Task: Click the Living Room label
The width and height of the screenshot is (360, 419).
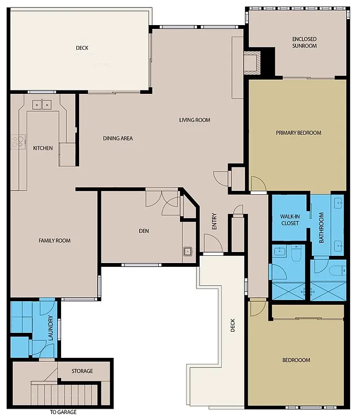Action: (x=195, y=120)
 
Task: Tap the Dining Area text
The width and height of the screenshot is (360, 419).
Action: (x=118, y=138)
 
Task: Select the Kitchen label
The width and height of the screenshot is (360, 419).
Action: (x=43, y=148)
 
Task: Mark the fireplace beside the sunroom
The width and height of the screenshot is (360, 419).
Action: (x=253, y=62)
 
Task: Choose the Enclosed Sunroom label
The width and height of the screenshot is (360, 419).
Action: (x=304, y=43)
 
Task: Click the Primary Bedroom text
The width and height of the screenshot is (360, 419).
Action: (x=298, y=133)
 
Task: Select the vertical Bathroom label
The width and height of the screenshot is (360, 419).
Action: (x=322, y=228)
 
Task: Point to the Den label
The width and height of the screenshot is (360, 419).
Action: (x=143, y=231)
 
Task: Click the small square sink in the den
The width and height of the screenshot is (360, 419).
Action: (x=188, y=252)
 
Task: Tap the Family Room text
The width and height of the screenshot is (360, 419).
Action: (x=54, y=241)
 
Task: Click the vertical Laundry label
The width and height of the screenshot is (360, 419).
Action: (x=50, y=328)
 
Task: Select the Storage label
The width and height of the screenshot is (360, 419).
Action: (x=82, y=371)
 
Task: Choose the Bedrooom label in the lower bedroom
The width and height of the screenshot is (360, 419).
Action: (x=296, y=360)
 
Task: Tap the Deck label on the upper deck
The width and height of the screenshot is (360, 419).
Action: (x=82, y=48)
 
